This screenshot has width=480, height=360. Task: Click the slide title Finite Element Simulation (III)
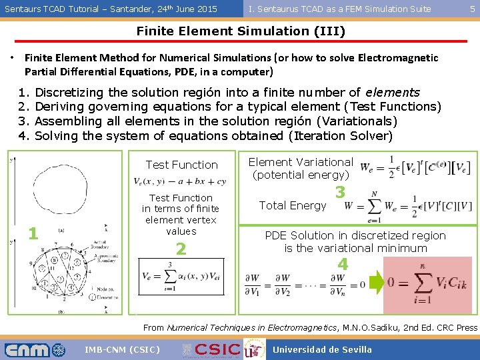pyautogui.click(x=241, y=31)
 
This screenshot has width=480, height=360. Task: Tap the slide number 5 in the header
pyautogui.click(x=472, y=9)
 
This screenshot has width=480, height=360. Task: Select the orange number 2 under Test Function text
pyautogui.click(x=180, y=249)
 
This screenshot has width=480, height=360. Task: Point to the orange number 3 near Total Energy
pyautogui.click(x=340, y=193)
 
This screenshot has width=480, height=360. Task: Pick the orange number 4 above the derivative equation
pyautogui.click(x=342, y=264)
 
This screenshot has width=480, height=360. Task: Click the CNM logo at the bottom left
pyautogui.click(x=35, y=349)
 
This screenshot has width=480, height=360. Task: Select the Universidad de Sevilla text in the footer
pyautogui.click(x=322, y=349)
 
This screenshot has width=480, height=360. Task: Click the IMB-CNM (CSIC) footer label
pyautogui.click(x=122, y=349)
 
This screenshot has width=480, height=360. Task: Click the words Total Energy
pyautogui.click(x=293, y=205)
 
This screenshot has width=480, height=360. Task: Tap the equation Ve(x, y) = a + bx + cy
pyautogui.click(x=180, y=181)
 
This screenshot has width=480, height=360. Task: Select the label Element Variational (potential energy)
pyautogui.click(x=301, y=168)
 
